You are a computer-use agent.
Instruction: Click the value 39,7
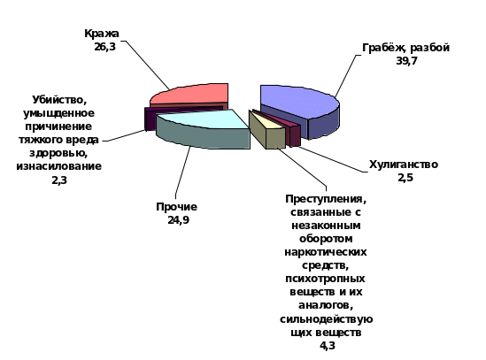click(406, 61)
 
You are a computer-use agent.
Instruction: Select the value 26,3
click(104, 47)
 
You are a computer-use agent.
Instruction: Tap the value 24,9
click(178, 220)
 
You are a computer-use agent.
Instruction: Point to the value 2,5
click(405, 178)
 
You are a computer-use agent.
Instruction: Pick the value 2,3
click(59, 180)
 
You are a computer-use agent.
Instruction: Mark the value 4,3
click(328, 346)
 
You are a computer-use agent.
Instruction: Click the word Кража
click(102, 34)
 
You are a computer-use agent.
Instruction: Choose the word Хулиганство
click(404, 165)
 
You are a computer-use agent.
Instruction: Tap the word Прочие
click(177, 207)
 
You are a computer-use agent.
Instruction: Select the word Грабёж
click(384, 49)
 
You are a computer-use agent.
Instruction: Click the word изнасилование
click(59, 166)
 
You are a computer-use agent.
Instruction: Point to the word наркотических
click(326, 252)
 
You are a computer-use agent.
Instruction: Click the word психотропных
click(325, 279)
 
